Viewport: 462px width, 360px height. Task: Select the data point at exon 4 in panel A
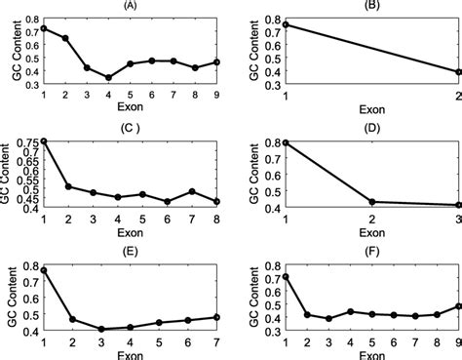point(108,77)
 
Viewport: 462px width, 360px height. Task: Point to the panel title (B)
point(371,5)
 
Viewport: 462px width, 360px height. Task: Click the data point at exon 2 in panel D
point(371,202)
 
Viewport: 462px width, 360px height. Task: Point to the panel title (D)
point(371,126)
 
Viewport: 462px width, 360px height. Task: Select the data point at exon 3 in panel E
point(100,329)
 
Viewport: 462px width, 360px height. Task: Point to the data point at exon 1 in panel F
point(285,277)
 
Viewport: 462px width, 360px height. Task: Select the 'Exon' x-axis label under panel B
point(371,111)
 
